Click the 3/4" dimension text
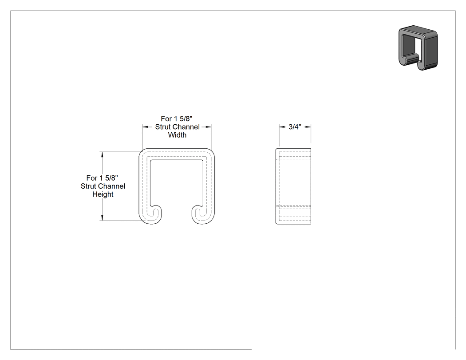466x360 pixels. [x=295, y=127]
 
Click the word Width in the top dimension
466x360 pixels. [x=177, y=135]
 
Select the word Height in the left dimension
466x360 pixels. [x=103, y=194]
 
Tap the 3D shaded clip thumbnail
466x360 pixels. [x=418, y=47]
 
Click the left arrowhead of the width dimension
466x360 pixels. [x=145, y=127]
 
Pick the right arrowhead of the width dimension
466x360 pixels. [x=208, y=127]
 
